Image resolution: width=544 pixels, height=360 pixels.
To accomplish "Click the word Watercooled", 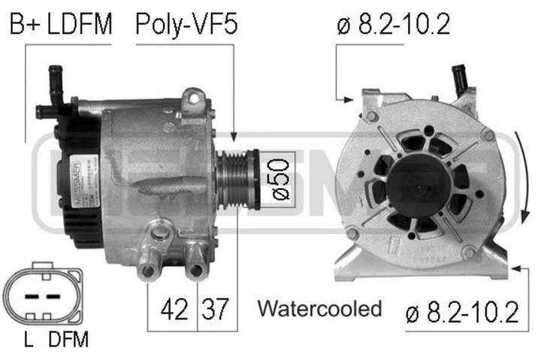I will click(319, 308).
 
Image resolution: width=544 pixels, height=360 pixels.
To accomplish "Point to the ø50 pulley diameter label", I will click(276, 177).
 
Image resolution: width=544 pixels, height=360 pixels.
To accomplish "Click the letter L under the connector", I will click(27, 340).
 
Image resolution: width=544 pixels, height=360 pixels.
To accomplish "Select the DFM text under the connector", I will click(68, 340).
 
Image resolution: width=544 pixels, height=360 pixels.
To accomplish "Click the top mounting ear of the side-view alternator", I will click(193, 98).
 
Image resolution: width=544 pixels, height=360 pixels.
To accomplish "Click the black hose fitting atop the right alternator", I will click(457, 76).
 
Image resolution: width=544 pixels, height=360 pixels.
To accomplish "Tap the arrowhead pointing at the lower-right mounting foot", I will click(512, 266).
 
